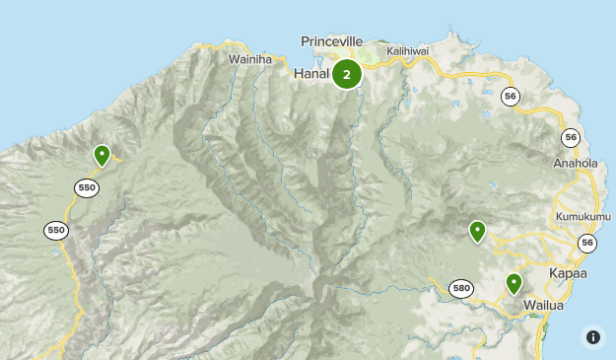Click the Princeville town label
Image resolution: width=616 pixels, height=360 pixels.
point(331,41)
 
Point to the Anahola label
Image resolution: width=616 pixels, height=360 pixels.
point(576,164)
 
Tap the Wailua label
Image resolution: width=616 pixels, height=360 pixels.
point(543,305)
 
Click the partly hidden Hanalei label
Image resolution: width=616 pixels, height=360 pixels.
point(311,74)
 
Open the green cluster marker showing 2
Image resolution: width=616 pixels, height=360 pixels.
point(347,74)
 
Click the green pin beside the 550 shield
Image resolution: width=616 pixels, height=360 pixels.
point(102,155)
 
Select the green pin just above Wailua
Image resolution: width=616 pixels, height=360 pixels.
point(513,283)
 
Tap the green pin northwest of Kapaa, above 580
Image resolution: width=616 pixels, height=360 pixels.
point(477,231)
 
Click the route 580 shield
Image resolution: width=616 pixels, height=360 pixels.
point(460,288)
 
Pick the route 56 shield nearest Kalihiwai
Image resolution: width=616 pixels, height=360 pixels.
point(510,96)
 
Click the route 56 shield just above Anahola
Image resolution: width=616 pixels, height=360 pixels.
point(571,137)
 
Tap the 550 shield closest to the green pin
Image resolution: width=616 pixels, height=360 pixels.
point(87,187)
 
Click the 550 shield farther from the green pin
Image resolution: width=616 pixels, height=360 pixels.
point(55,230)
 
